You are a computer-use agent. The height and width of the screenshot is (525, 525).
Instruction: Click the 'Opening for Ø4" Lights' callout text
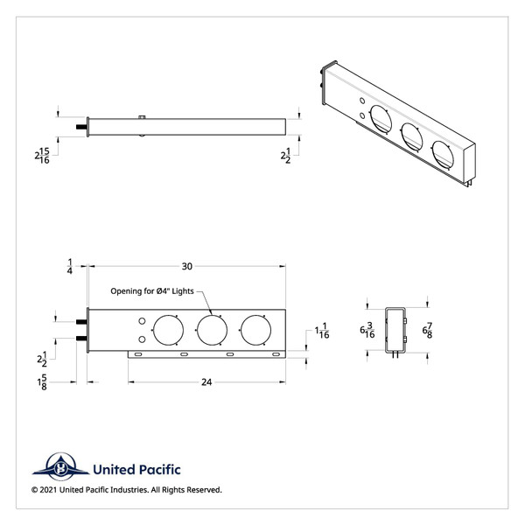pos(154,290)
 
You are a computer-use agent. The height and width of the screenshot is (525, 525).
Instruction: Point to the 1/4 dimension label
pos(69,266)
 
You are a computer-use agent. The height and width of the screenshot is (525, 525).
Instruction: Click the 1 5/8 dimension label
pos(41,383)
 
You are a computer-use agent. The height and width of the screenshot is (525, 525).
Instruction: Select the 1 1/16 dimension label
pos(322,332)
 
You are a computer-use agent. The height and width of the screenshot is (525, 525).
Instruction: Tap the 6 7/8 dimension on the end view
pos(426,330)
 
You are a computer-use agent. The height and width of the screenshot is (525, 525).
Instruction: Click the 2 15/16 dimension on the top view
pos(41,156)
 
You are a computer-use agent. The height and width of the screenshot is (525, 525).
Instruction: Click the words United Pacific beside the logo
pos(134,467)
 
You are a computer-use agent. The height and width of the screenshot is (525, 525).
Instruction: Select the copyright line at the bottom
pos(127,490)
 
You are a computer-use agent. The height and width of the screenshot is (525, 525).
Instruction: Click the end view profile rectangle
pos(395,330)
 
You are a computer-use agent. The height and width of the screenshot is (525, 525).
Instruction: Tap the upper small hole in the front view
pos(142,323)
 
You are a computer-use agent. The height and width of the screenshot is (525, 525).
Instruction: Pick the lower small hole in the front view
pos(142,338)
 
